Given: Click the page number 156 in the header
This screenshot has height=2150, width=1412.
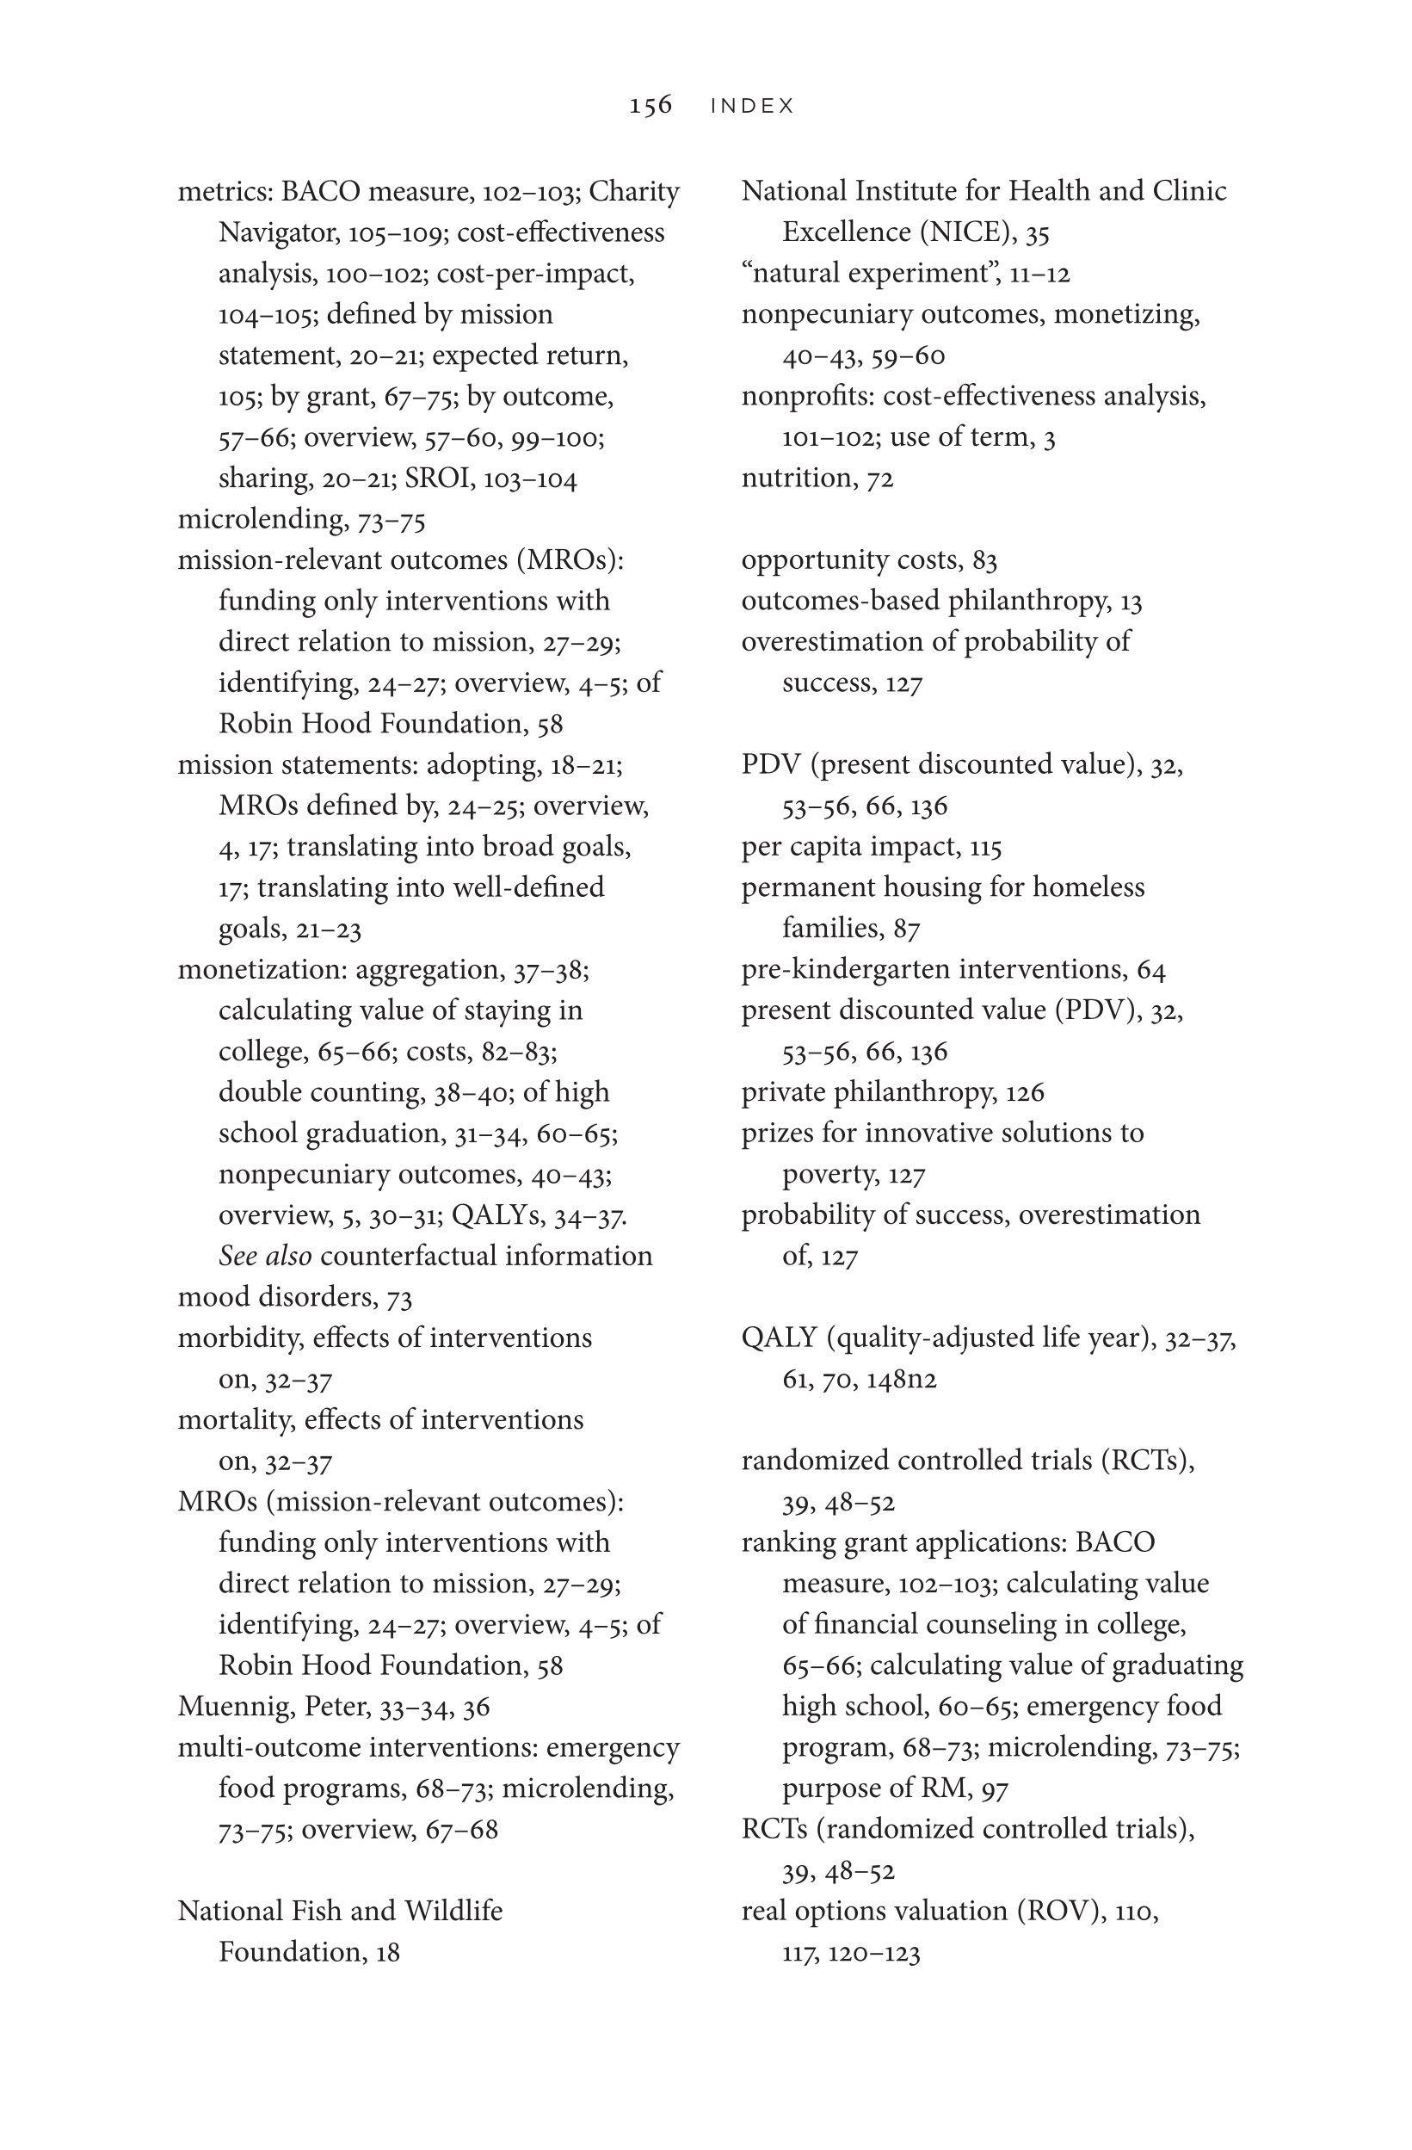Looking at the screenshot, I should [651, 106].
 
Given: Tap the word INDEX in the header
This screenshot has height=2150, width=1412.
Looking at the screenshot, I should [752, 107].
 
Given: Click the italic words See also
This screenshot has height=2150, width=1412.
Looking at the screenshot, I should [265, 1256].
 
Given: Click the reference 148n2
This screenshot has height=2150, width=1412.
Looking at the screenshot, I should [901, 1380].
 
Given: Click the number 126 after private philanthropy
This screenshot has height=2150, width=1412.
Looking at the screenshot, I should [1025, 1092].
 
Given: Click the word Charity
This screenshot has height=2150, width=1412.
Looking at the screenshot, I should [638, 192].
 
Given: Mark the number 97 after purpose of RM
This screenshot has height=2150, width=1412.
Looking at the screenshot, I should [994, 1789].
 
